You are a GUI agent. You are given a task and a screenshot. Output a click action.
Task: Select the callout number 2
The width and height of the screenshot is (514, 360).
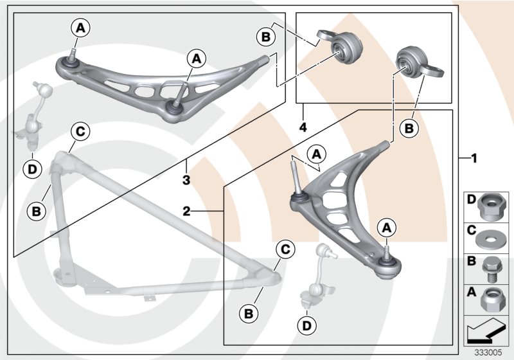pyautogui.click(x=186, y=210)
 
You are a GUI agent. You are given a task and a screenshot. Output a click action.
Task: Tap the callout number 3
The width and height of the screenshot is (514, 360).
pyautogui.click(x=186, y=181)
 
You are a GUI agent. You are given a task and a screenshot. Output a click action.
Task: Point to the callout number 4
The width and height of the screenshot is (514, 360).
pyautogui.click(x=302, y=127)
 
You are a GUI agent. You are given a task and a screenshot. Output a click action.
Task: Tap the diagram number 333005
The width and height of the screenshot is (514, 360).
pyautogui.click(x=488, y=352)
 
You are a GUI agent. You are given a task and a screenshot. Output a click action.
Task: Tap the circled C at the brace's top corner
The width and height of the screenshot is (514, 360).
pyautogui.click(x=80, y=132)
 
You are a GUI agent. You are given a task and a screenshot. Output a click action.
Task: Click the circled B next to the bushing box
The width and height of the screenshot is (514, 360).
pyautogui.click(x=265, y=37)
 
